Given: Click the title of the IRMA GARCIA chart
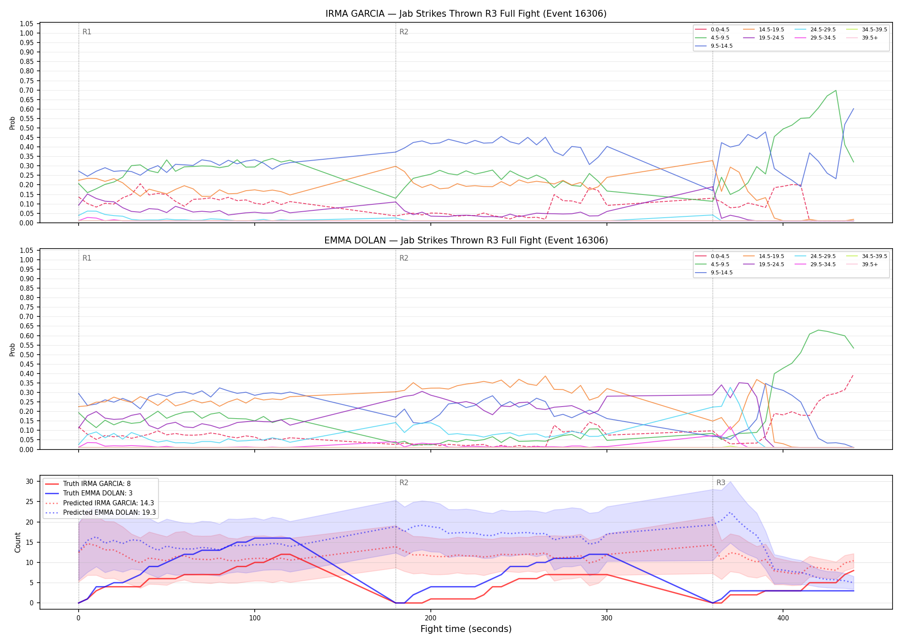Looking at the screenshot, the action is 466,14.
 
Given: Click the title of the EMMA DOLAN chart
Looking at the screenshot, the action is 466,240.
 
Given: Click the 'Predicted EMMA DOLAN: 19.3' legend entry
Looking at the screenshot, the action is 100,513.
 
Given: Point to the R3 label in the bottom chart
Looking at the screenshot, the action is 721,483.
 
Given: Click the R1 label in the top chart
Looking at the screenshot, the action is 87,32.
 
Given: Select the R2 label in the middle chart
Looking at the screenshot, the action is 404,258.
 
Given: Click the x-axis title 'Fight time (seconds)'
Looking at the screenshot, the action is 466,629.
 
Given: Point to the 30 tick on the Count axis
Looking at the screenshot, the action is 30,481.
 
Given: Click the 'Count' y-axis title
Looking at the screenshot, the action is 18,542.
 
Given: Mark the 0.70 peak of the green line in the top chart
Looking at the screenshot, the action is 835,90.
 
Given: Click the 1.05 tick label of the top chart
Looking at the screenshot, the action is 27,24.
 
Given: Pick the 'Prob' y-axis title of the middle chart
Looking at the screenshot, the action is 12,349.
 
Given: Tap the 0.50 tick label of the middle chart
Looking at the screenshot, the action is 27,355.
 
